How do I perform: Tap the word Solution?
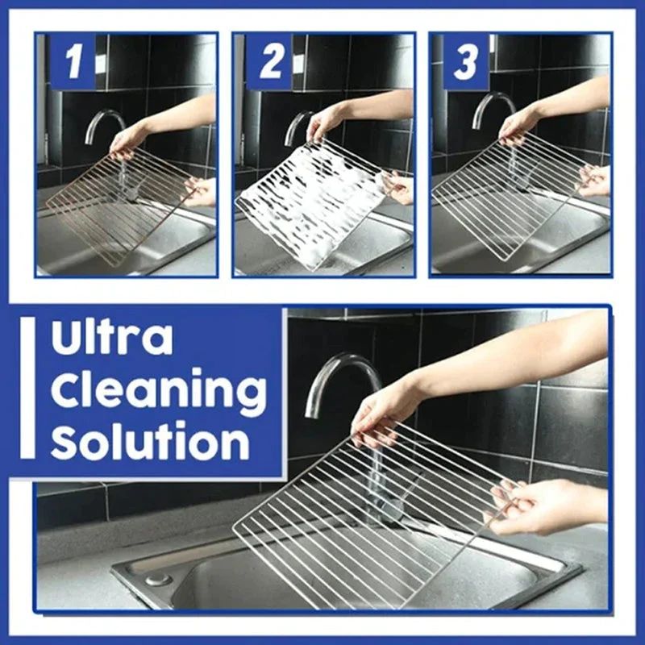click(150, 442)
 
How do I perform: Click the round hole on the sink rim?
click(157, 579)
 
